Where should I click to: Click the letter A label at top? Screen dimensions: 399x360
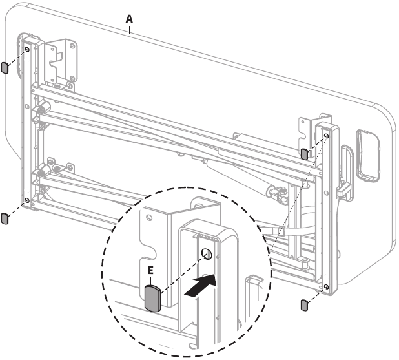(x=129, y=19)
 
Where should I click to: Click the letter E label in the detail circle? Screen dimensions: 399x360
(x=150, y=270)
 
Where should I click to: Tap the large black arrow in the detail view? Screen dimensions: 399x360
(x=200, y=286)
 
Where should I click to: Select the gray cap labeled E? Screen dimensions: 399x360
(x=152, y=299)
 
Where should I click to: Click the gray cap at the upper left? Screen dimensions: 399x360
(x=5, y=67)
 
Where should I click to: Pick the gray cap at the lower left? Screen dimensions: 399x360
(x=5, y=218)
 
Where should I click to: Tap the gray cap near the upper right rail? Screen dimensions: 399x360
(x=304, y=154)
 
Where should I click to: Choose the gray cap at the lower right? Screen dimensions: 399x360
(x=304, y=305)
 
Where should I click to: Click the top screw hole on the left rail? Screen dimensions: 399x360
(x=27, y=49)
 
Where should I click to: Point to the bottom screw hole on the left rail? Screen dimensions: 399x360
(x=27, y=200)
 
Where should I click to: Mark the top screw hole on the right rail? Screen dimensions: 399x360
(x=327, y=136)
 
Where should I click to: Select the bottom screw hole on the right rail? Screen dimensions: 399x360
(x=327, y=287)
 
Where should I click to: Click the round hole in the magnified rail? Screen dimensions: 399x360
(x=207, y=254)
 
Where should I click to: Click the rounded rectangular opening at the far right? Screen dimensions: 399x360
(x=368, y=156)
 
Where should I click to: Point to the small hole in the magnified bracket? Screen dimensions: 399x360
(x=150, y=218)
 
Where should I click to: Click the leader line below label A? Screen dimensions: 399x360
(x=130, y=29)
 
